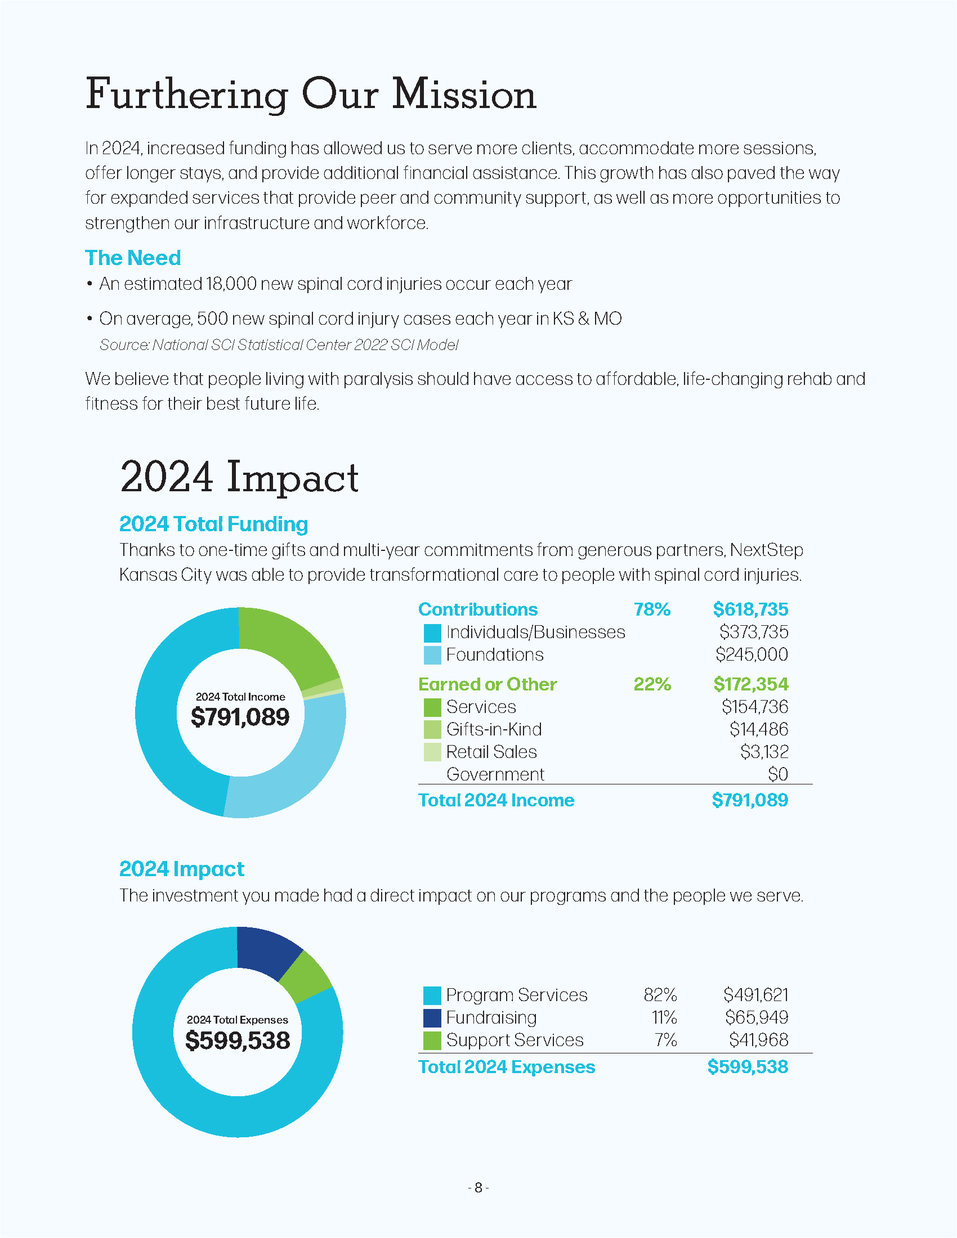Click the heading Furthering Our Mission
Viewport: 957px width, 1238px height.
311,94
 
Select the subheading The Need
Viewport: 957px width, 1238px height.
133,258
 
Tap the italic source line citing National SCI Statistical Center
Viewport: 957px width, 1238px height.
279,344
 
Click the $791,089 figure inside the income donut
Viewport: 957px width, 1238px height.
240,717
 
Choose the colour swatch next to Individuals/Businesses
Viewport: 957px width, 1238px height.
432,633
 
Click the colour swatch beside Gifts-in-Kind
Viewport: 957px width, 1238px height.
432,729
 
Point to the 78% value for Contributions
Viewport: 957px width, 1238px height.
652,609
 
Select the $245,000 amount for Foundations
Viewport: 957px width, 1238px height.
752,654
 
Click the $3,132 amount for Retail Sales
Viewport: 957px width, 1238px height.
764,752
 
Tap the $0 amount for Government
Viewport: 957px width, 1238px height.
778,774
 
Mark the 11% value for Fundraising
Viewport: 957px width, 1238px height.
664,1017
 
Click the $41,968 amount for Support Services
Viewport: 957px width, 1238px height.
759,1040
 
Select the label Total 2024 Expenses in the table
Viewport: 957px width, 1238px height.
507,1067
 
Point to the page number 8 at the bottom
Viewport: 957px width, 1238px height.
479,1187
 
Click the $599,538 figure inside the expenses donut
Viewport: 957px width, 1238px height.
238,1040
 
